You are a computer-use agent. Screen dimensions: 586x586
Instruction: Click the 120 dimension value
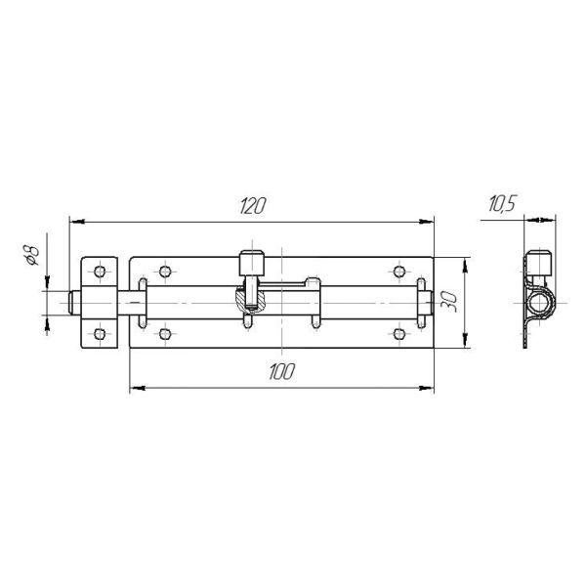[253, 206]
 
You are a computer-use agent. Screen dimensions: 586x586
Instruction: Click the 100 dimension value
[282, 371]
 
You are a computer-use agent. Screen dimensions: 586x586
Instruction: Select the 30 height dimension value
[448, 302]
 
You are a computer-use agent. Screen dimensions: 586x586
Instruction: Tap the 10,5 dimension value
[502, 204]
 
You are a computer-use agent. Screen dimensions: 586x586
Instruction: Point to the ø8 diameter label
[31, 255]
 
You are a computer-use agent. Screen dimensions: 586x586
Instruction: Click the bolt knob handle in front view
[252, 264]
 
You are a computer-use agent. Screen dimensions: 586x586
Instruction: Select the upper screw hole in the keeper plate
[100, 272]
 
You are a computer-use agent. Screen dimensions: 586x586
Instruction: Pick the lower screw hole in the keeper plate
[100, 334]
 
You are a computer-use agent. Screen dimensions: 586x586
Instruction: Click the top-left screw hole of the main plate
[165, 272]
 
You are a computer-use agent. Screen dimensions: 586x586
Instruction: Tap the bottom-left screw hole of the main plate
[165, 334]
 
